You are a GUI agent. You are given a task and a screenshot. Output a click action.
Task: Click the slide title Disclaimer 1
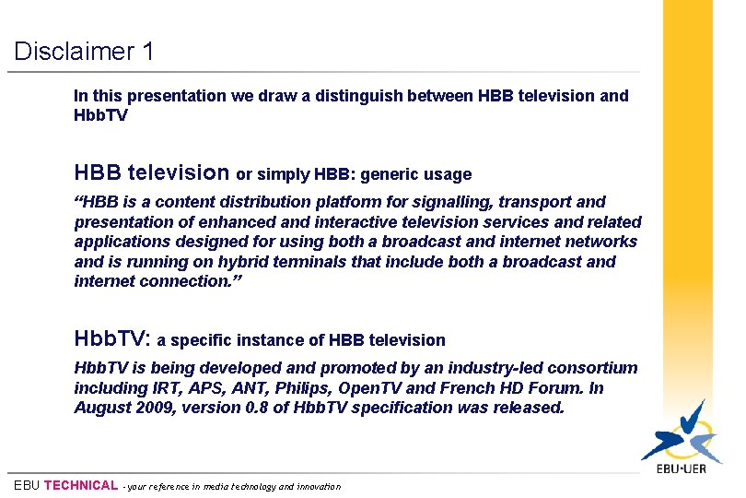click(x=84, y=51)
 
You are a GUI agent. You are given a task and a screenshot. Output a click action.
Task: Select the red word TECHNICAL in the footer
click(x=81, y=486)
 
